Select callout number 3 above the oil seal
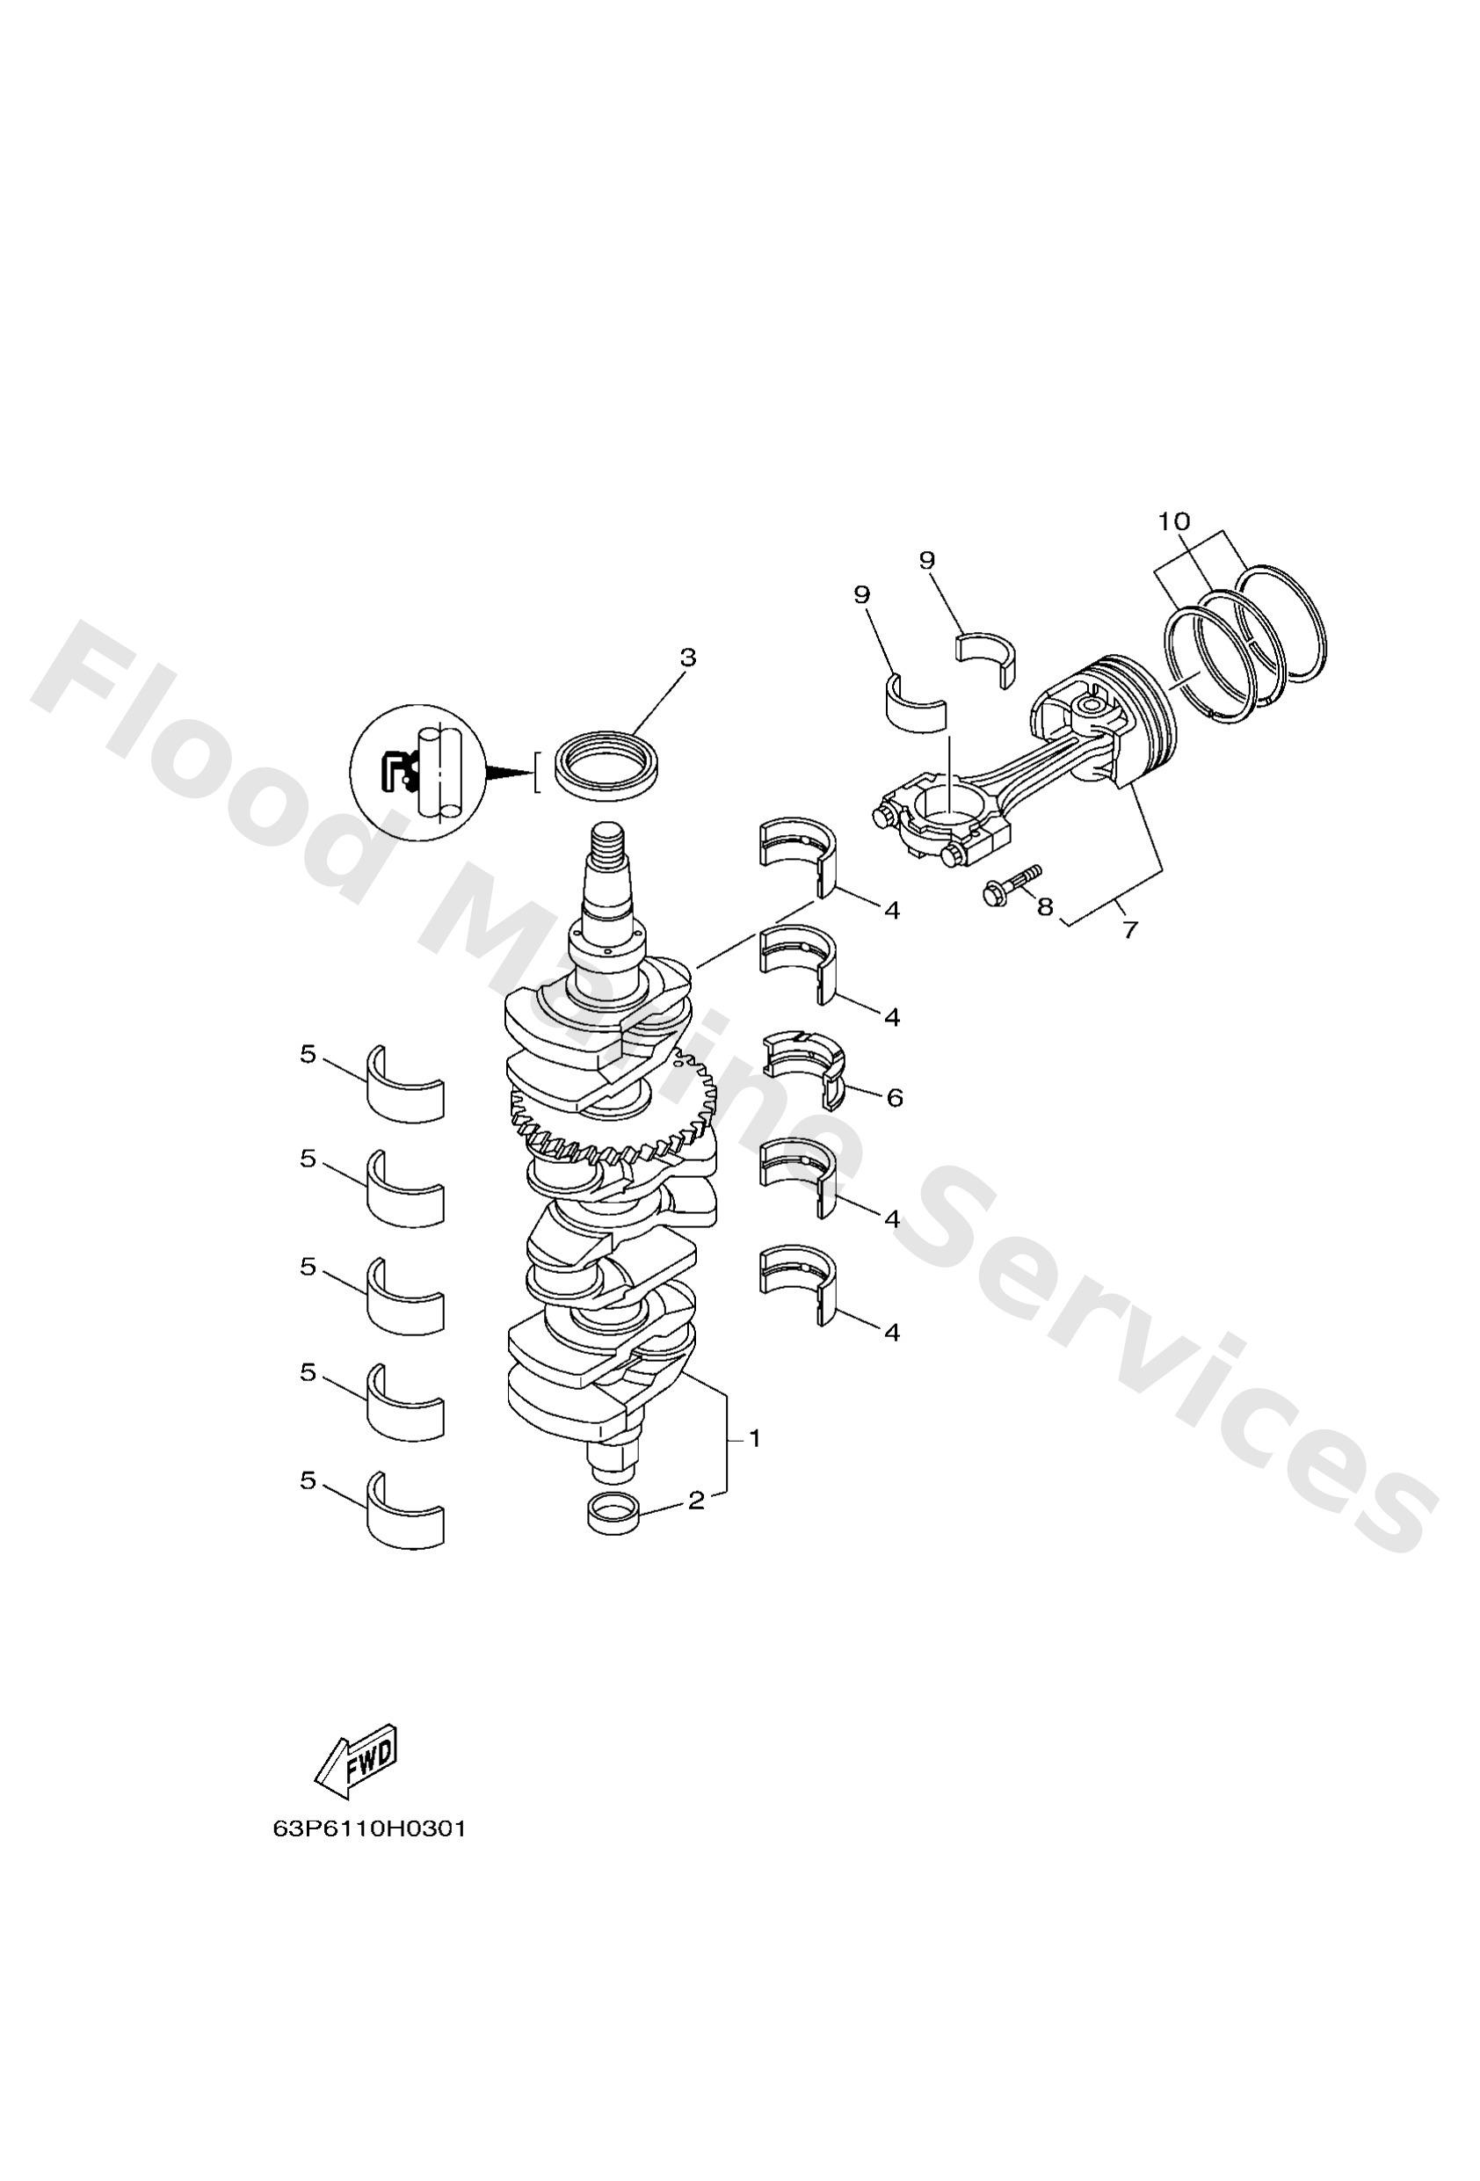(x=688, y=658)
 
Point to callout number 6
(x=895, y=1097)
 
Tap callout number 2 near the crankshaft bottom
(x=695, y=1501)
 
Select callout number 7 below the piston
(x=1130, y=929)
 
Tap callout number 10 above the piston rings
(x=1173, y=520)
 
